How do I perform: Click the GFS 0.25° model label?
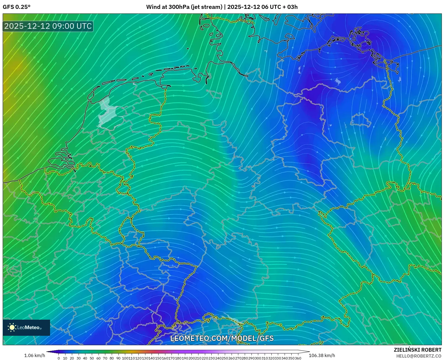point(16,7)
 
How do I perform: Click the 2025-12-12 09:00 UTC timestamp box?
point(48,26)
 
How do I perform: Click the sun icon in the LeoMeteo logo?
point(12,327)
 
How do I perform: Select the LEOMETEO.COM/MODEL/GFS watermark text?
point(222,338)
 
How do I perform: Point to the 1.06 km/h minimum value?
point(35,355)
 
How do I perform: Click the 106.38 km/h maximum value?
point(322,355)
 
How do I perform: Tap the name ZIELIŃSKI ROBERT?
point(418,350)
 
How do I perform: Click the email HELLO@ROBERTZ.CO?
point(419,356)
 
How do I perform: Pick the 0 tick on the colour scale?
point(59,358)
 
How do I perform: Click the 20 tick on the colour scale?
point(72,358)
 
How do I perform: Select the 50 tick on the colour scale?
point(92,358)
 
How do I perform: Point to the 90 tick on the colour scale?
point(118,358)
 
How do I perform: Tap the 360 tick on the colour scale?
point(298,358)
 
